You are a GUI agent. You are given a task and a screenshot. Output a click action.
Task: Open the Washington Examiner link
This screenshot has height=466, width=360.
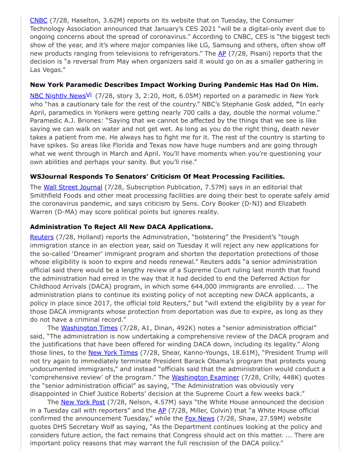click(x=205, y=377)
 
